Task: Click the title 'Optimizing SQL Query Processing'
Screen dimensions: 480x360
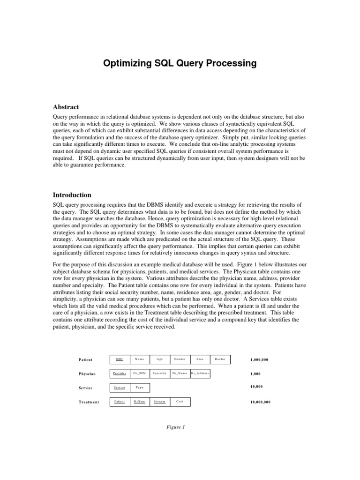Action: coord(180,63)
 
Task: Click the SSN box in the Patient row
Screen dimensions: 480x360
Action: coord(119,360)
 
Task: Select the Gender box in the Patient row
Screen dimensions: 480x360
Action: coord(180,360)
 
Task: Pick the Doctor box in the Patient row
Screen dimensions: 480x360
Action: coord(220,360)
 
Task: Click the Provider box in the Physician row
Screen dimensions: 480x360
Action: coord(119,374)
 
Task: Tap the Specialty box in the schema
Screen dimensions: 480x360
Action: coord(159,374)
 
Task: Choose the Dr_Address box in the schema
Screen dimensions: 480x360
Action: coord(200,374)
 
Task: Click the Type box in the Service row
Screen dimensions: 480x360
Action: coord(139,388)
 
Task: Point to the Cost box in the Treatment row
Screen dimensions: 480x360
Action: coord(180,402)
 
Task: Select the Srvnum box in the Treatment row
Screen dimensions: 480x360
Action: coord(159,402)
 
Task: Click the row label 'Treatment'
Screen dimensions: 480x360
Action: coord(89,402)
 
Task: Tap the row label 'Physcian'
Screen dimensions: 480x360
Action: coord(87,374)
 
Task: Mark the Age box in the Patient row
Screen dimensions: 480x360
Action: coord(159,360)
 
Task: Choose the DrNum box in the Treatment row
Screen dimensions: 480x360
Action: coord(139,402)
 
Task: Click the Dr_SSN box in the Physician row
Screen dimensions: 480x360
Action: coord(139,374)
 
